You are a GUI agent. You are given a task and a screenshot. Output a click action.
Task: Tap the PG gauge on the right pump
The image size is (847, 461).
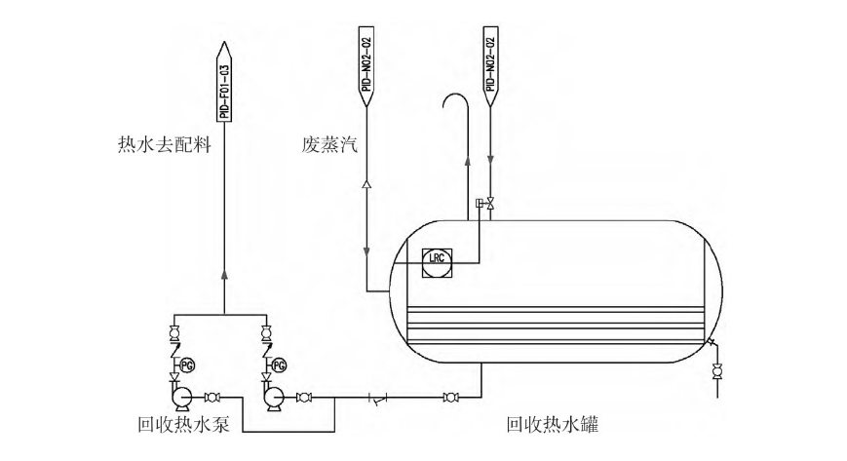point(279,365)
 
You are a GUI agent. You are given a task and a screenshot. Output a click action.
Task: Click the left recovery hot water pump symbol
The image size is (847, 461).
point(178,396)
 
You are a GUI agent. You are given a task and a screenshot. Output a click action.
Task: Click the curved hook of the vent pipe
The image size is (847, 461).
point(454,100)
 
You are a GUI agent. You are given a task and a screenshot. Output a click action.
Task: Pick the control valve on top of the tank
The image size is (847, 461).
point(490,203)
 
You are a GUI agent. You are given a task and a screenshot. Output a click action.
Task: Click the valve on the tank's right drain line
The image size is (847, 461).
point(718,370)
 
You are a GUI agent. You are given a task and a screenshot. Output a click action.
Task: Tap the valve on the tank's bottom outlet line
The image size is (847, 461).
point(450,397)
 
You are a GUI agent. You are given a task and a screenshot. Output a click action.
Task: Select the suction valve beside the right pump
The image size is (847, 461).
point(304,397)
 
